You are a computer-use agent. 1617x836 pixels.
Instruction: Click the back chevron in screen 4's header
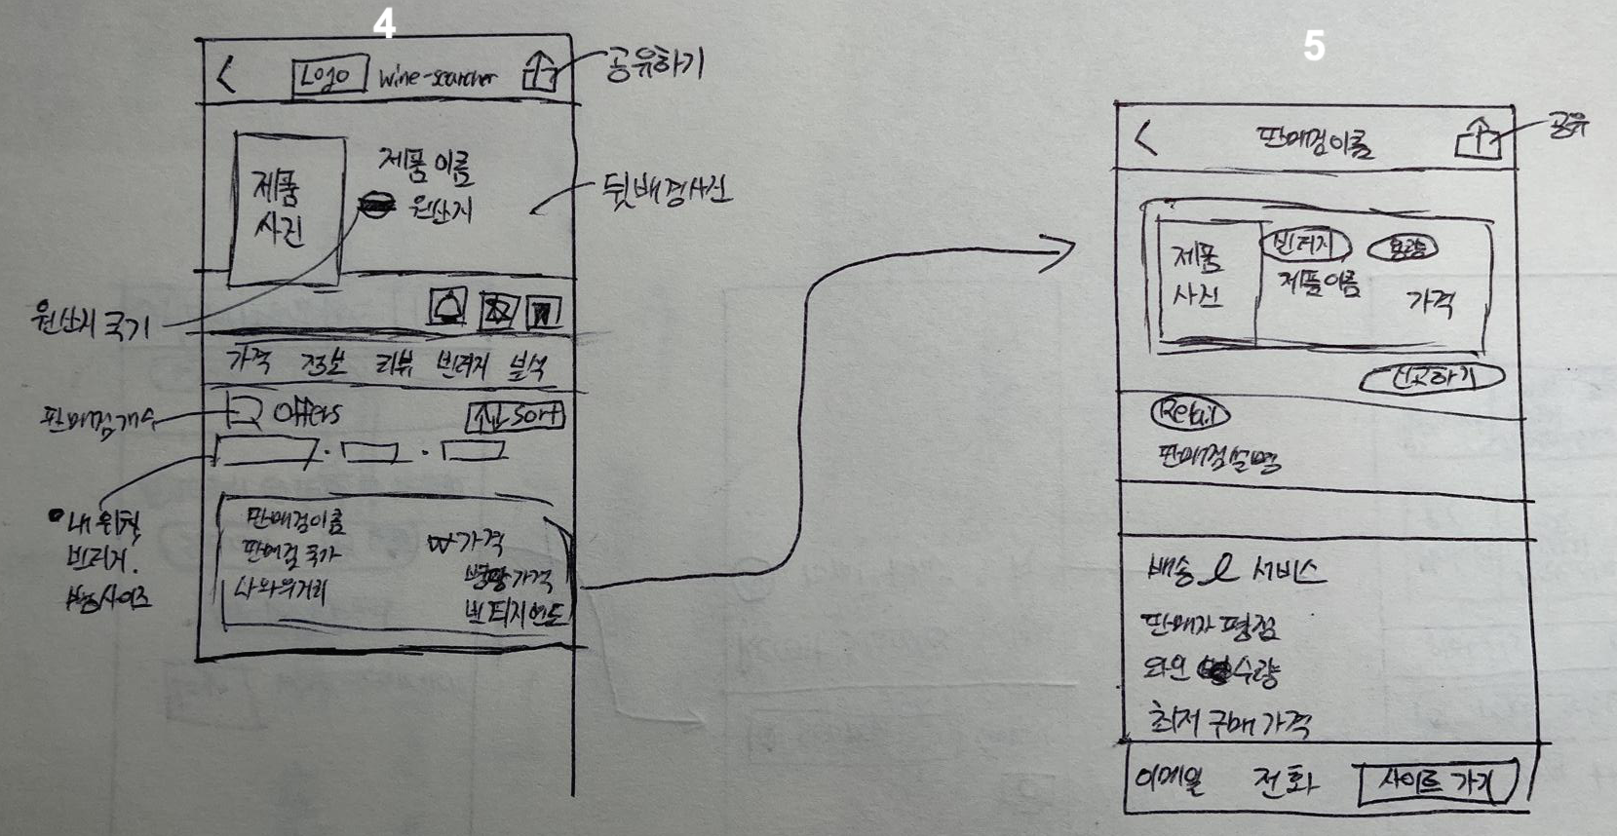(x=226, y=74)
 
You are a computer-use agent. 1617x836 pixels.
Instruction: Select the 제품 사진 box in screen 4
(x=288, y=209)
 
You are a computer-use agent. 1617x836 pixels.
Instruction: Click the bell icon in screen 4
(x=448, y=308)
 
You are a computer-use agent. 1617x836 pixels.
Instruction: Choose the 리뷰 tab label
(x=395, y=365)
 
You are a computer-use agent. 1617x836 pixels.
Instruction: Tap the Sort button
(x=516, y=417)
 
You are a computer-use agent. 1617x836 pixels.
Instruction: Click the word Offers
(x=306, y=414)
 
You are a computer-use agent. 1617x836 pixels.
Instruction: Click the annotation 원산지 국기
(x=90, y=321)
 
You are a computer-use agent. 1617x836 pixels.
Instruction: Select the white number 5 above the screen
(x=1314, y=46)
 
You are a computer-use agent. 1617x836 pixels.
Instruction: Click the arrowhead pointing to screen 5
(x=1058, y=253)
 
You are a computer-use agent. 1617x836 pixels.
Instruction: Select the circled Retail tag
(x=1190, y=414)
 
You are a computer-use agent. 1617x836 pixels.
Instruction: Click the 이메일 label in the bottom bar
(x=1170, y=779)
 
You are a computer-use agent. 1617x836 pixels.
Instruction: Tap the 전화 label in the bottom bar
(x=1285, y=780)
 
